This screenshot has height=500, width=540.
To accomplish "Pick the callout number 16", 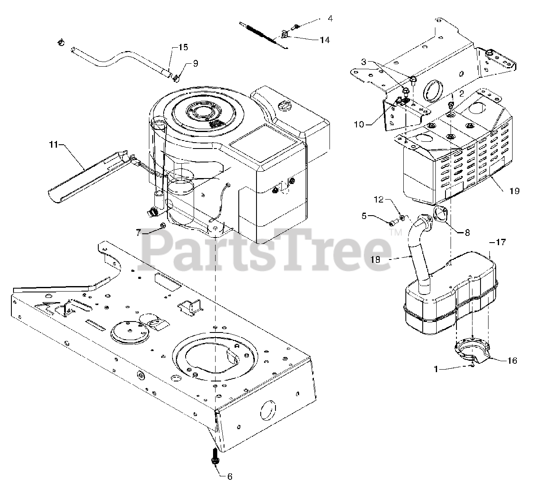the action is click(512, 360).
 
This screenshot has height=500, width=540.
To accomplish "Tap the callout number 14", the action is click(324, 40).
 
